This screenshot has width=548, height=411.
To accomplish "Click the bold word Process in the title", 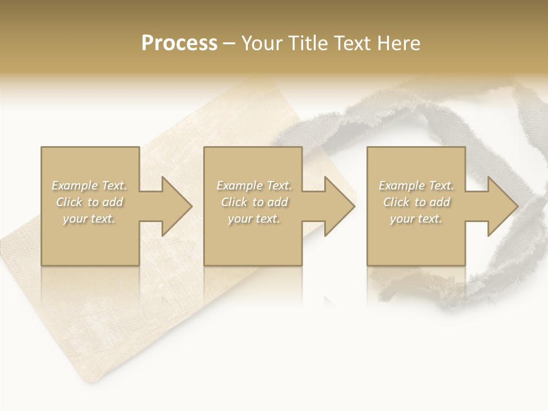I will click(x=179, y=43).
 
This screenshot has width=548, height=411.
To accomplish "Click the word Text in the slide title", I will click(x=352, y=43).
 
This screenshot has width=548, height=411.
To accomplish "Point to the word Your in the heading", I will click(x=262, y=43).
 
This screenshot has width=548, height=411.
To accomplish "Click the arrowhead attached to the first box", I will click(x=175, y=206).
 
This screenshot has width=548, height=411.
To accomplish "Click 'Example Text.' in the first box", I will click(x=89, y=186).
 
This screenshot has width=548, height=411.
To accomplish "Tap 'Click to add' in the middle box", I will click(x=254, y=202).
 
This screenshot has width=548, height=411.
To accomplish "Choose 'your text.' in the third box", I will click(x=416, y=219).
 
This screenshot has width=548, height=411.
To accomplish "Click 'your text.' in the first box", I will click(x=89, y=219).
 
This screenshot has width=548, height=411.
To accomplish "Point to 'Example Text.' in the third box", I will click(x=416, y=186).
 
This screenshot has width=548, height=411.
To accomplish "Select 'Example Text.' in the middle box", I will click(x=254, y=186).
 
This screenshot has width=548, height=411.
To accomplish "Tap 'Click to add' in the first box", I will click(x=89, y=202).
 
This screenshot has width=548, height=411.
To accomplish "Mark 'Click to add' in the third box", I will click(x=416, y=202).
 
